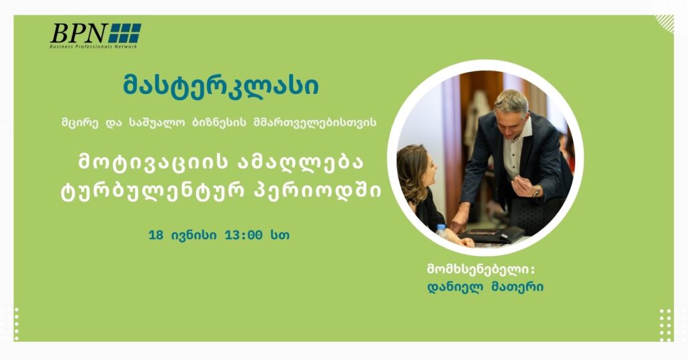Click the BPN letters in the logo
(x=78, y=33)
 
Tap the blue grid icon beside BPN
(x=125, y=33)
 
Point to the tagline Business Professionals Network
(x=93, y=46)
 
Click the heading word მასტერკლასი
(x=222, y=87)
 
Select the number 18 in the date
(x=157, y=236)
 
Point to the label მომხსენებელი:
(x=480, y=270)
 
